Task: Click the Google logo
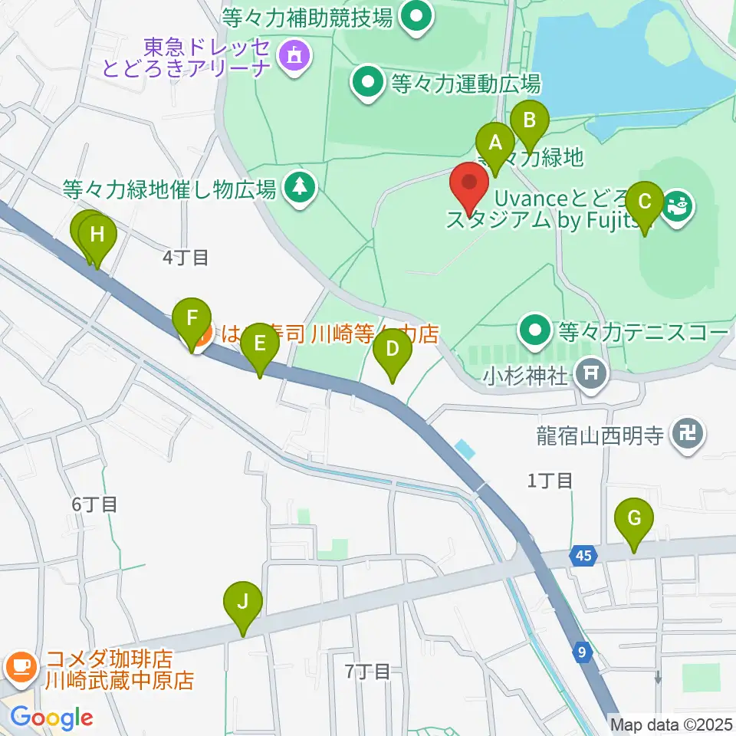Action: point(51,718)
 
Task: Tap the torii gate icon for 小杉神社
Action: point(590,374)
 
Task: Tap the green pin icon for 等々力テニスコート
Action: point(535,331)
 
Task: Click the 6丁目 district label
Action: point(94,504)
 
